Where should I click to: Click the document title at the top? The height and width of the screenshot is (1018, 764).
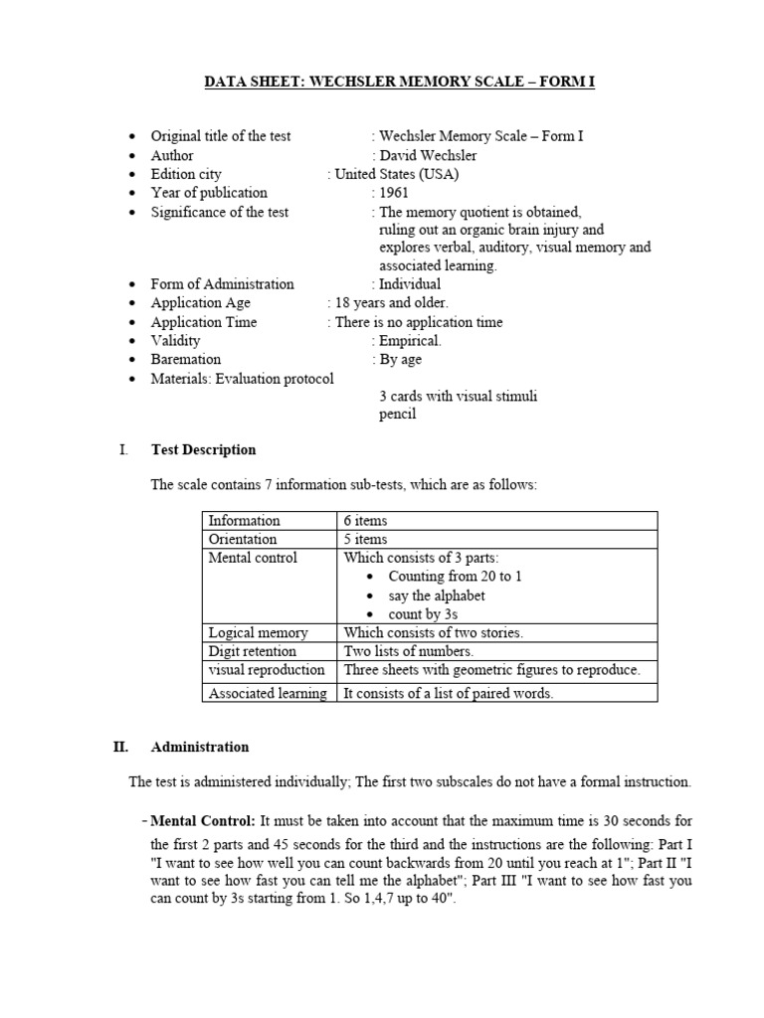tap(399, 82)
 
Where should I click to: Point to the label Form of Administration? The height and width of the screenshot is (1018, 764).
tap(222, 284)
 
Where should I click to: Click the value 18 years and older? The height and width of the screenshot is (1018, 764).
tap(391, 302)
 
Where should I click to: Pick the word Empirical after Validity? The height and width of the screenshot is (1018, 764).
tap(411, 340)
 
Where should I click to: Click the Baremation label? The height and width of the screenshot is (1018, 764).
tap(186, 359)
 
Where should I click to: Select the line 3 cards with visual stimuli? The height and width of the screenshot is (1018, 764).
tap(458, 396)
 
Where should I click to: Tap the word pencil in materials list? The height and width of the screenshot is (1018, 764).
tap(397, 415)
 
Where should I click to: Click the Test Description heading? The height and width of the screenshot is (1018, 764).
tap(203, 449)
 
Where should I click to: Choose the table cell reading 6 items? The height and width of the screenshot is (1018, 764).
tap(365, 520)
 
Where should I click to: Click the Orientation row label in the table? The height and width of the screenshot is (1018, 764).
tap(243, 539)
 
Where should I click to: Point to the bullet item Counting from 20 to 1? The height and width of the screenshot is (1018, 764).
tap(455, 577)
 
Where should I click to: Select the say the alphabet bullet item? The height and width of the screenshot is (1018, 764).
tap(437, 595)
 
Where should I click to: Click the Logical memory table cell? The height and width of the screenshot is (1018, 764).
tap(258, 632)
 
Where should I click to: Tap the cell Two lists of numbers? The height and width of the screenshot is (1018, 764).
tap(408, 651)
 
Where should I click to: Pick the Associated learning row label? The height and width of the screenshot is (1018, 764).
tap(267, 693)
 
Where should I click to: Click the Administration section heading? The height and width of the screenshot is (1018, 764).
tap(199, 747)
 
